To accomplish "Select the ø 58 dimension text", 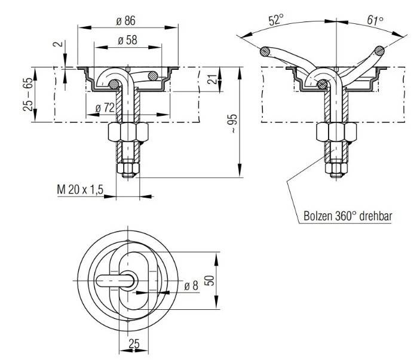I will coord(126,40).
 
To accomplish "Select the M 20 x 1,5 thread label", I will coord(81,190).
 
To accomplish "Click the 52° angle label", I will coord(275,20).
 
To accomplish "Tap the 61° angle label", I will coord(375,20).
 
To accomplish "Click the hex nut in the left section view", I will coord(127,132).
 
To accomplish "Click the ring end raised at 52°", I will coord(265,51).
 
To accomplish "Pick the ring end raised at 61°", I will coord(378,51).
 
